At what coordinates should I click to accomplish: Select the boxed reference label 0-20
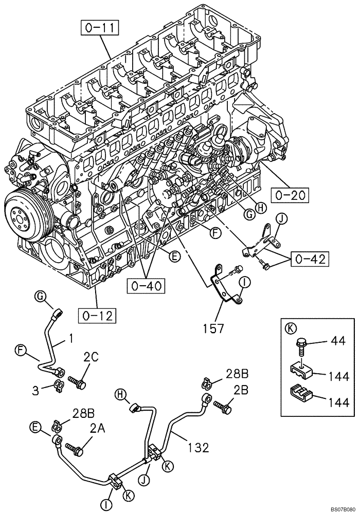(291, 195)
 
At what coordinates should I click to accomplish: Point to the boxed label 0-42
(310, 260)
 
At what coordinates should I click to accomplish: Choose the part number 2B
(240, 390)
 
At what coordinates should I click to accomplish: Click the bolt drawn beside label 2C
(78, 383)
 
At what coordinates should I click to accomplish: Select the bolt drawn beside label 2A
(77, 450)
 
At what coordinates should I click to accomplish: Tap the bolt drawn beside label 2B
(224, 406)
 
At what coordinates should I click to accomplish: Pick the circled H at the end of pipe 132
(120, 394)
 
